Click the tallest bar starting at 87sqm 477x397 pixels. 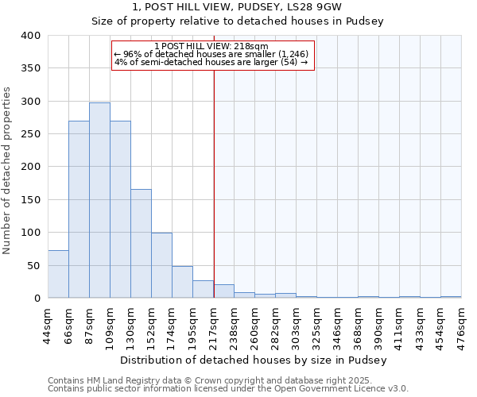pyautogui.click(x=99, y=200)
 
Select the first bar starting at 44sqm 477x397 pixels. pyautogui.click(x=58, y=274)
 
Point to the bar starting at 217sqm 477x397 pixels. pyautogui.click(x=223, y=291)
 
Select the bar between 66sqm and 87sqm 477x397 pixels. pyautogui.click(x=79, y=210)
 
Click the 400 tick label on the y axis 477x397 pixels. pyautogui.click(x=30, y=36)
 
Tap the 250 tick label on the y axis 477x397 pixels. pyautogui.click(x=30, y=134)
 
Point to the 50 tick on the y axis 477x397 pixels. pyautogui.click(x=33, y=265)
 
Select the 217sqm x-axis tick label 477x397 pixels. pyautogui.click(x=213, y=325)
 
